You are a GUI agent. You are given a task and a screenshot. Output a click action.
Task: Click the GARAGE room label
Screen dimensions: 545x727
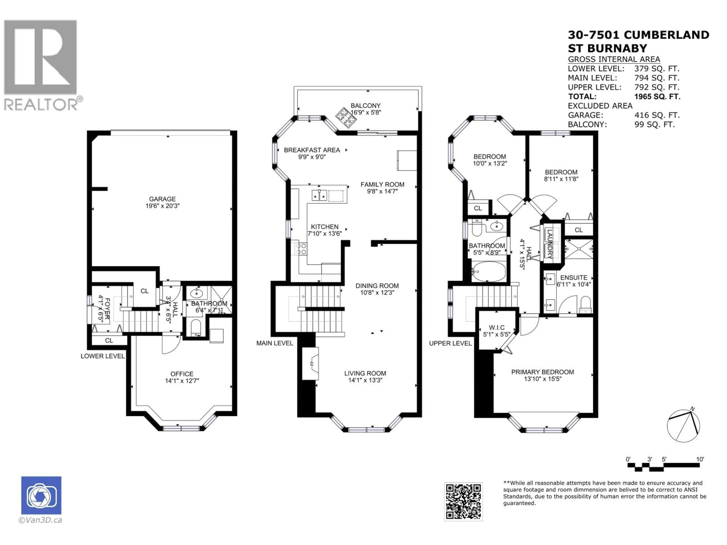pyautogui.click(x=162, y=199)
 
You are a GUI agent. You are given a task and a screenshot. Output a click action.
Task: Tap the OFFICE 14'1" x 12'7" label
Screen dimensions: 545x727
pyautogui.click(x=182, y=377)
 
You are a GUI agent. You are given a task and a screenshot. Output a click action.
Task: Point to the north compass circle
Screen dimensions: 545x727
pyautogui.click(x=683, y=426)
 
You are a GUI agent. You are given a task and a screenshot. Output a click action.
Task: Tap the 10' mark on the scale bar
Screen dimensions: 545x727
pyautogui.click(x=700, y=459)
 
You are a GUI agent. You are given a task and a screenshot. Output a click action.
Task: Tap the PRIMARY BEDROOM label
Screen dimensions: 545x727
pyautogui.click(x=543, y=372)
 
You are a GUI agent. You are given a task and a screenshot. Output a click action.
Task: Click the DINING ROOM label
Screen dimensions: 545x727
pyautogui.click(x=377, y=286)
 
